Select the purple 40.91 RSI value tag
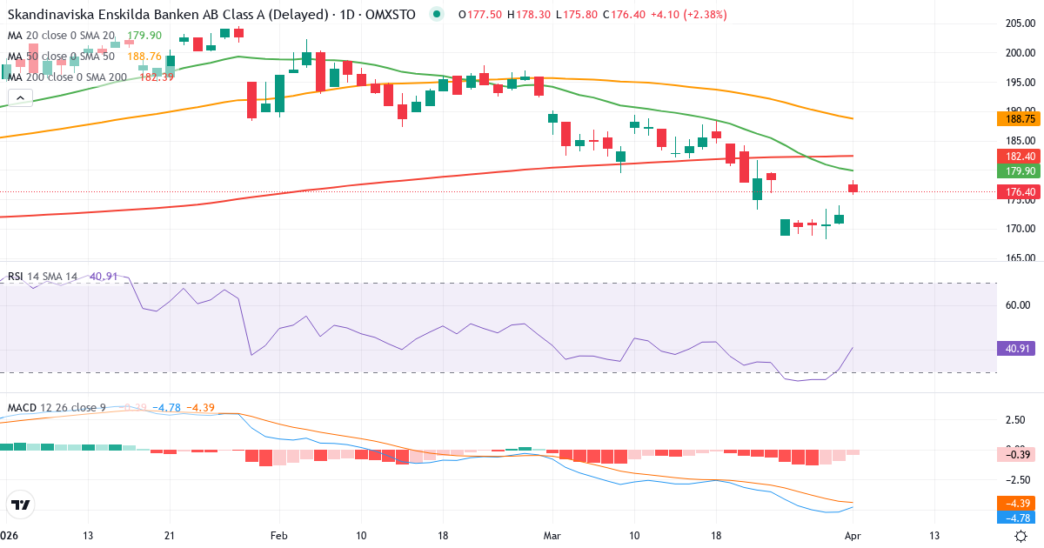[1015, 348]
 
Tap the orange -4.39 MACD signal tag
[1015, 504]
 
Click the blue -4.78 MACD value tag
[1015, 518]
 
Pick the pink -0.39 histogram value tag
[1015, 453]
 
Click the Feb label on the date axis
[278, 536]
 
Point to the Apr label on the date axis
[853, 536]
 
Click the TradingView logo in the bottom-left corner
[20, 505]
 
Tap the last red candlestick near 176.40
[853, 188]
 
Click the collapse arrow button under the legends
[20, 98]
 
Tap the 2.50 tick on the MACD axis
[1014, 420]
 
